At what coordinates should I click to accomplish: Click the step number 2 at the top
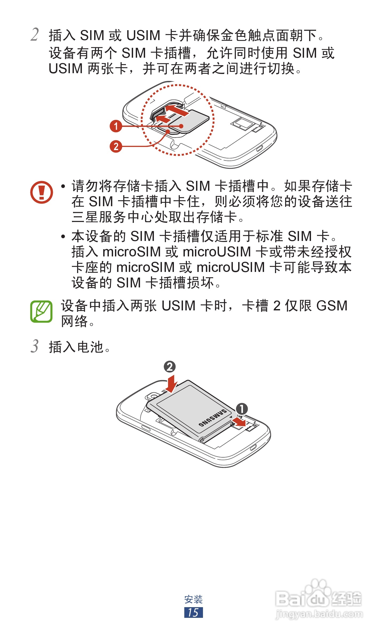tap(35, 35)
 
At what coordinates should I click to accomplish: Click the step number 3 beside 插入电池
tap(35, 346)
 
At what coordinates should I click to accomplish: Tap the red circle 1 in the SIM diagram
tap(116, 126)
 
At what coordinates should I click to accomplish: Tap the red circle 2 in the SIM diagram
tap(116, 146)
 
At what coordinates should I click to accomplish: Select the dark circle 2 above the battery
tap(170, 367)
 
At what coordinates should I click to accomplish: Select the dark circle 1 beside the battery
tap(242, 409)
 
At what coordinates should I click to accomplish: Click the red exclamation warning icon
tap(41, 192)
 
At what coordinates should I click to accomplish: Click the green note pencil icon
tap(41, 311)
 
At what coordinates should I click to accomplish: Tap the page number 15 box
tap(193, 612)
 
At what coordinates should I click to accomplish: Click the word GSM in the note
tap(332, 306)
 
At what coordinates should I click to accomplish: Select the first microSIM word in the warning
tap(131, 252)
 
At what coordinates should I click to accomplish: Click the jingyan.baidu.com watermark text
tap(319, 614)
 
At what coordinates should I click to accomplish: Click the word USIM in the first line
tap(143, 36)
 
